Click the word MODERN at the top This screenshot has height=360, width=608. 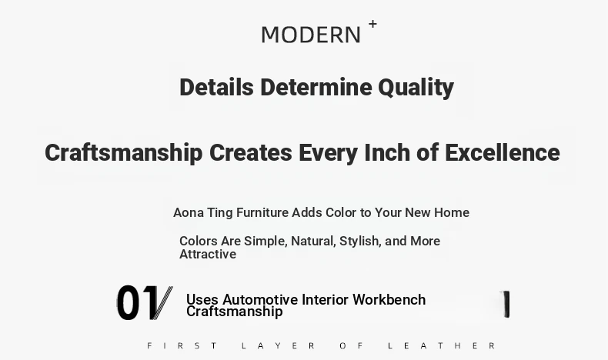[311, 35]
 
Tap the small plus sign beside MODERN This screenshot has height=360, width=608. [372, 24]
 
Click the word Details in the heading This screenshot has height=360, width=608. [216, 87]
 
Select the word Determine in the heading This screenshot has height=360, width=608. [316, 87]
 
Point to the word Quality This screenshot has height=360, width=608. [416, 88]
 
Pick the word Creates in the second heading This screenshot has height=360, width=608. [250, 152]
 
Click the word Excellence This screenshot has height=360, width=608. [503, 152]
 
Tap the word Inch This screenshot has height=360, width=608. [387, 152]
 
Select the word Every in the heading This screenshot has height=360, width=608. [328, 153]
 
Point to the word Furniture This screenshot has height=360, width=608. [262, 212]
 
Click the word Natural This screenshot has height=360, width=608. [313, 241]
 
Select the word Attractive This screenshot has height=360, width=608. [208, 254]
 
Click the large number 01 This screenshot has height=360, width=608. [136, 302]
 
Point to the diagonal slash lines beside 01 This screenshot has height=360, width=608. [163, 302]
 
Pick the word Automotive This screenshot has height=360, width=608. [260, 299]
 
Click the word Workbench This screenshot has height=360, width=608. [389, 299]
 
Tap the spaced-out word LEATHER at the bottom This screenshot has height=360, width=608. [442, 345]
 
